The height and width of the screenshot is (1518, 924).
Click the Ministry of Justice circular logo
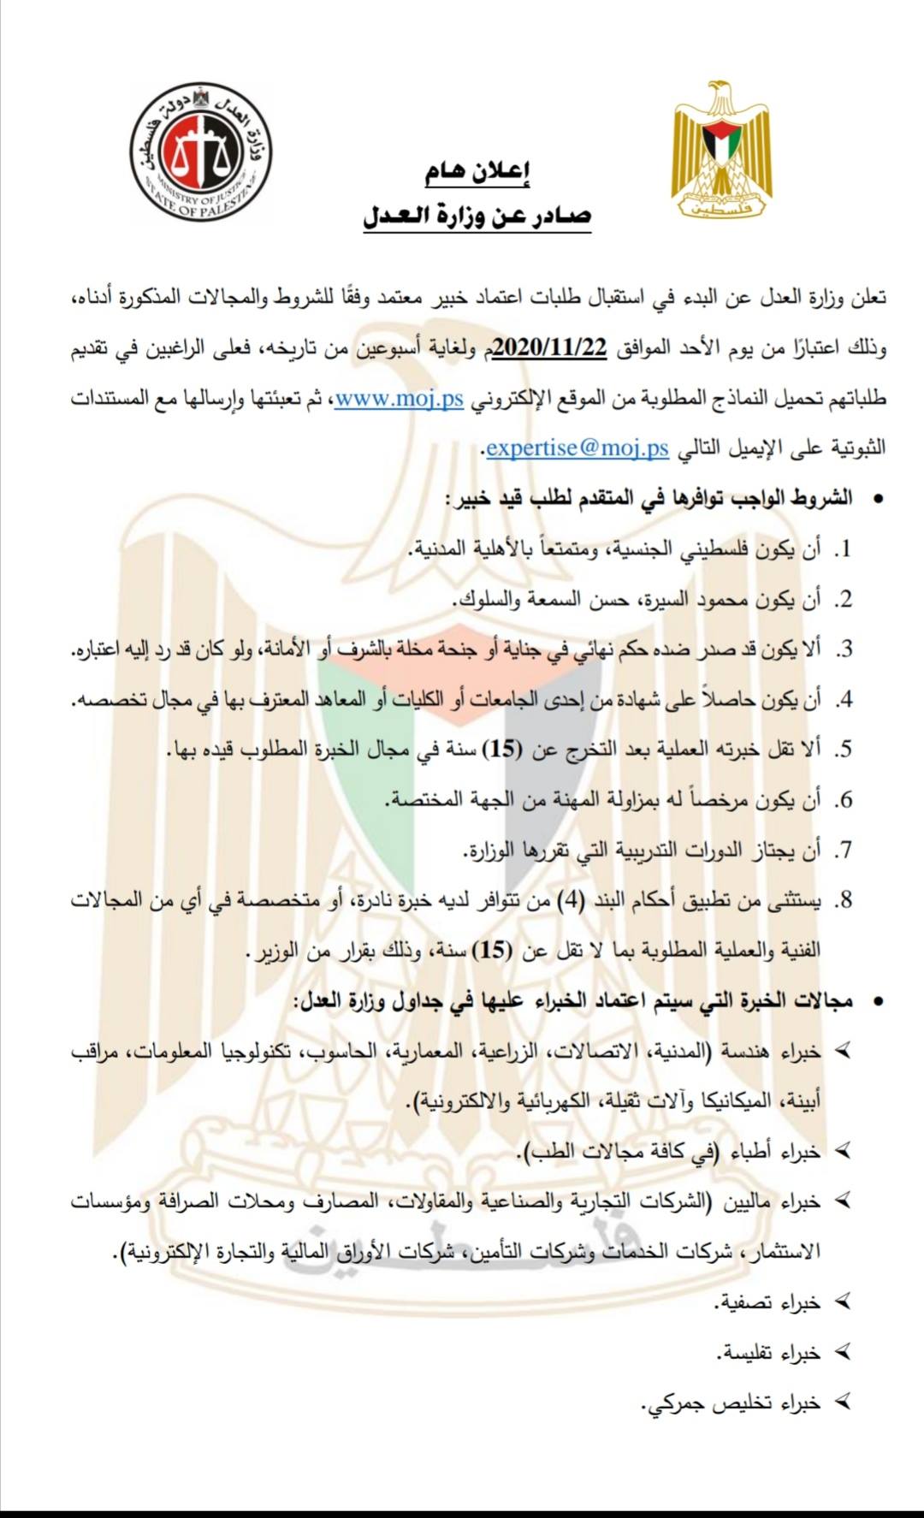(x=201, y=151)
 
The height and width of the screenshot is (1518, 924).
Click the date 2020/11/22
(x=550, y=348)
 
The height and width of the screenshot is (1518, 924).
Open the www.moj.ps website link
(x=399, y=399)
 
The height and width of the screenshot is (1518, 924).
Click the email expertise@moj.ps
(x=577, y=448)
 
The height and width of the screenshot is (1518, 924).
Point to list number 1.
(x=844, y=548)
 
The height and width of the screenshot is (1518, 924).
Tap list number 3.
(x=844, y=649)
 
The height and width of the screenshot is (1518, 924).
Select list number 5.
(x=844, y=750)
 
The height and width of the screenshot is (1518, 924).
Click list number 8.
(x=844, y=900)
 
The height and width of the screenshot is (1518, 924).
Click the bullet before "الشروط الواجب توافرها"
(x=876, y=498)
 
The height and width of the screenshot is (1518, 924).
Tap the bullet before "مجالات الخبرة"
(x=876, y=1000)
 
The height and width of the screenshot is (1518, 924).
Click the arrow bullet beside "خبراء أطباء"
(x=844, y=1152)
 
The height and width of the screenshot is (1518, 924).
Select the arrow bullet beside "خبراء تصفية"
(x=844, y=1302)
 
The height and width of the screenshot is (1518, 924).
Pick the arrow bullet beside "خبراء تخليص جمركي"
(x=844, y=1402)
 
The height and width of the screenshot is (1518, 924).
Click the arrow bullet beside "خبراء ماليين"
(x=844, y=1201)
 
